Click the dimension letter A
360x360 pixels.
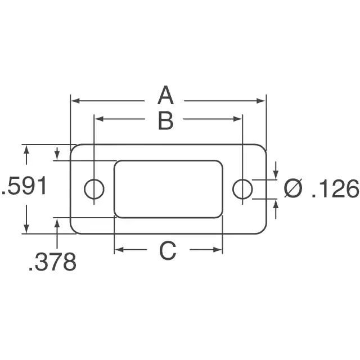[165, 95]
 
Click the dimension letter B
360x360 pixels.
[166, 120]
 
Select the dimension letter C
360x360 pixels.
[168, 250]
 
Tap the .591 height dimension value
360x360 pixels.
[24, 186]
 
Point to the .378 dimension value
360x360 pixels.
[52, 262]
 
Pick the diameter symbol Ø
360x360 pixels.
[293, 188]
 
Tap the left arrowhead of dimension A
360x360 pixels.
[75, 101]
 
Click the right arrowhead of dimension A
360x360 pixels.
[261, 101]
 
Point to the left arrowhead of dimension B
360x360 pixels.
[99, 119]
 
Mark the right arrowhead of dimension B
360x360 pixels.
[237, 119]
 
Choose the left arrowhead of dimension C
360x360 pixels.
[119, 250]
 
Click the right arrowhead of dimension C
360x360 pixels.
[218, 250]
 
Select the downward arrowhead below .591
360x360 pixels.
[26, 229]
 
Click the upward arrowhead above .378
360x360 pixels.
[57, 223]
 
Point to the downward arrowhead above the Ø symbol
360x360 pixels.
[276, 175]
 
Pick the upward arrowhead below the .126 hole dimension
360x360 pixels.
[276, 204]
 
